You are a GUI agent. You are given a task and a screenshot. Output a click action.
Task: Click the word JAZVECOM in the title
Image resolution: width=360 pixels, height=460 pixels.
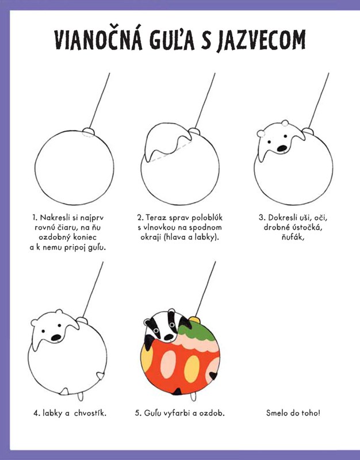(x=261, y=40)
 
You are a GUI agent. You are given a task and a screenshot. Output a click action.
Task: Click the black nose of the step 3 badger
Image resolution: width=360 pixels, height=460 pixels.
(x=282, y=148)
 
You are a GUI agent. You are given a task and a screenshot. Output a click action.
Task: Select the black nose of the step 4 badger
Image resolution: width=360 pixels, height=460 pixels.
(x=56, y=338)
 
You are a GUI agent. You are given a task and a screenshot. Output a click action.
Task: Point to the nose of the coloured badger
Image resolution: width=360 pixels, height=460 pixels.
(x=168, y=338)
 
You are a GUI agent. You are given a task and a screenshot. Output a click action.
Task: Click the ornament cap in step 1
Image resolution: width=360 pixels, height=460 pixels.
(x=89, y=132)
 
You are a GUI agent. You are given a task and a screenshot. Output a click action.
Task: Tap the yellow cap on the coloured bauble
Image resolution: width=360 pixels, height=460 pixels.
(x=194, y=320)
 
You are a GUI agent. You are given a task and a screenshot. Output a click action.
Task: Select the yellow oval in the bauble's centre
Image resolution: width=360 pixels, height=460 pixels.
(x=192, y=369)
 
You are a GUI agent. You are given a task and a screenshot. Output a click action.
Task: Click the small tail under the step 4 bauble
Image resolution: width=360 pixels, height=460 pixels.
(x=80, y=396)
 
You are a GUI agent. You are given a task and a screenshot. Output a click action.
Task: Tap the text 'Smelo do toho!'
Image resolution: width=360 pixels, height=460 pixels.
(x=293, y=413)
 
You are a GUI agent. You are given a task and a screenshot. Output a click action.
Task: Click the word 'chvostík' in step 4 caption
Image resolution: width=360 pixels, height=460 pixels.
(x=90, y=413)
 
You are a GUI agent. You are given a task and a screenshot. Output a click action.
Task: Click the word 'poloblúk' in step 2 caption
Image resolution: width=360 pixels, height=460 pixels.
(x=207, y=218)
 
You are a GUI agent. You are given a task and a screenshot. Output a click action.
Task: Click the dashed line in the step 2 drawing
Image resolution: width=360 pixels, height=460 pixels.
(x=171, y=152)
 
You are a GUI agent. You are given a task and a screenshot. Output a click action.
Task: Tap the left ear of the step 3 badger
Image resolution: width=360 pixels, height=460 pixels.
(x=261, y=133)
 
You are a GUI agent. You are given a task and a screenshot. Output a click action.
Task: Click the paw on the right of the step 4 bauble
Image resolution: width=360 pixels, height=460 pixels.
(x=100, y=376)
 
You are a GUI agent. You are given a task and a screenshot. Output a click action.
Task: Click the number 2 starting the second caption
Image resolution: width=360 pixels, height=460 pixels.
(x=140, y=218)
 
